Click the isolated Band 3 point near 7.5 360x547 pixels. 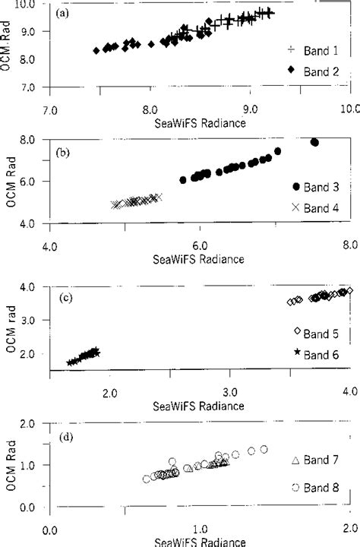pos(314,142)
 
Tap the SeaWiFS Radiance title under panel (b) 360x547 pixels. pos(200,259)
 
